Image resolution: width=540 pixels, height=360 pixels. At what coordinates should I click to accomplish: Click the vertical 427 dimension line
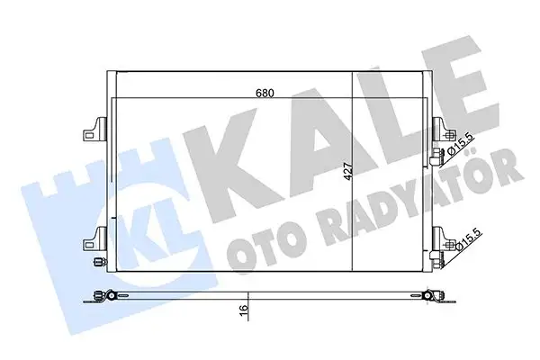(352, 216)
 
